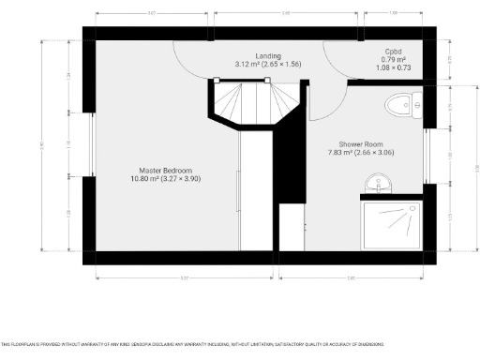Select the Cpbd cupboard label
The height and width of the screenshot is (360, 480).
click(394, 52)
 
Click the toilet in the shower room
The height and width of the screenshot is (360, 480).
click(404, 105)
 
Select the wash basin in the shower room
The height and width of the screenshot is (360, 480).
click(382, 181)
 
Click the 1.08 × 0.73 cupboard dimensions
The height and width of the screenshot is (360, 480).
click(394, 68)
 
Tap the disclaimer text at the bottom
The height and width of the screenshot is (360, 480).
click(240, 345)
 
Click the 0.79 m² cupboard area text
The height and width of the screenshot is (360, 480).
click(394, 60)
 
